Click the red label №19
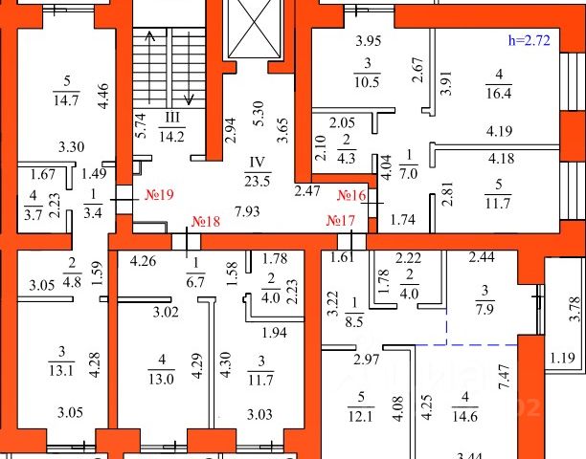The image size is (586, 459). click(159, 194)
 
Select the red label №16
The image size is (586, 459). click(352, 195)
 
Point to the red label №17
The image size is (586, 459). click(342, 222)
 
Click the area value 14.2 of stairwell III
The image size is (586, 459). click(175, 135)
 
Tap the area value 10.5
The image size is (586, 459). click(367, 78)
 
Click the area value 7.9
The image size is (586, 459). click(485, 307)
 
